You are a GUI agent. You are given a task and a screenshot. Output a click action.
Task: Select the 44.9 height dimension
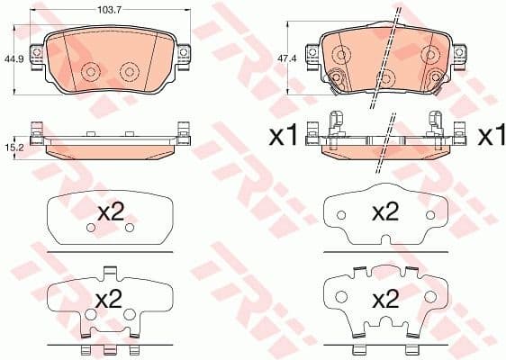(14, 59)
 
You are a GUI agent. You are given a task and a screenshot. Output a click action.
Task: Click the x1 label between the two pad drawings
(284, 137)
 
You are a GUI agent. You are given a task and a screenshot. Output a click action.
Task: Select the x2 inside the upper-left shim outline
(109, 213)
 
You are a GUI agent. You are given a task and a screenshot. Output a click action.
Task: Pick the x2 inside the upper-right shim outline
(385, 212)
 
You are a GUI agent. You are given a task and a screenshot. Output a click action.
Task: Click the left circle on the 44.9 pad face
(90, 72)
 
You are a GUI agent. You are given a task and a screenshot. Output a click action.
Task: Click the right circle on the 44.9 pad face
(128, 72)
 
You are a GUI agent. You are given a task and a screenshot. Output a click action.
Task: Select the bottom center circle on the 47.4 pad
(385, 78)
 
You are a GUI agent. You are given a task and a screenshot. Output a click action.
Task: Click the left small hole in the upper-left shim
(89, 229)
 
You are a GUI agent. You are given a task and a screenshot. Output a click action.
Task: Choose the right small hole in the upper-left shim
(129, 229)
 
